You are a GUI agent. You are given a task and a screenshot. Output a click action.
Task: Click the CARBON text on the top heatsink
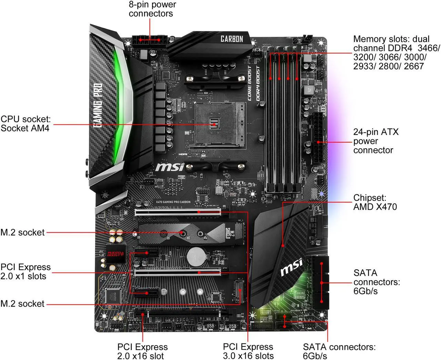point(232,39)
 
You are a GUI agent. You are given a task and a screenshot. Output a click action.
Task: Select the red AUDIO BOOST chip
point(115,254)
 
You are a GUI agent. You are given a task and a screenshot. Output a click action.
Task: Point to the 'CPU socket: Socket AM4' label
point(25,124)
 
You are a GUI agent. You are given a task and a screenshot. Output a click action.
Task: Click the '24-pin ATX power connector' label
point(376,141)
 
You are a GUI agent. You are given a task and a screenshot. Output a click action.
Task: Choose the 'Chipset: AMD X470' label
point(375,202)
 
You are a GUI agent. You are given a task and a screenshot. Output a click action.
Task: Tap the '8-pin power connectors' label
point(152,9)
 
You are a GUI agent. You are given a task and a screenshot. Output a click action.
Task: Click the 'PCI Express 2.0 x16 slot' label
point(142,351)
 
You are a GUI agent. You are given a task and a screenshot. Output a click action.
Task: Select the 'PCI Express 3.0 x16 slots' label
point(248,351)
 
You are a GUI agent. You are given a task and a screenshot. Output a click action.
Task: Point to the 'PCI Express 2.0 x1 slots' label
point(25,271)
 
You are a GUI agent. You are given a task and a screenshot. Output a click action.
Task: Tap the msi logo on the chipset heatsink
point(291,267)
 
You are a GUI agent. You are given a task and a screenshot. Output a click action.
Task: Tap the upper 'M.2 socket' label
point(22,232)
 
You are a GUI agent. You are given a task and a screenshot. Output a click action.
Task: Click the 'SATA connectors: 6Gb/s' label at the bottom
point(339,351)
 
